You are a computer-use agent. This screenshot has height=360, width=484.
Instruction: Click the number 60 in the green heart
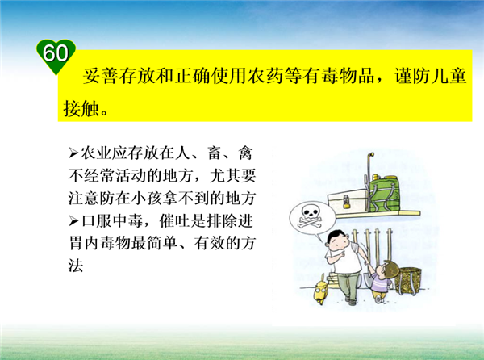55,52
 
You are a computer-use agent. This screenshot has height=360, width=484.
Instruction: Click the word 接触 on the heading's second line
81,108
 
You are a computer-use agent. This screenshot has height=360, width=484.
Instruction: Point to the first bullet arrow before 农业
73,153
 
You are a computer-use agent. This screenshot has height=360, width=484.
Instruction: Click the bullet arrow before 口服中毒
73,221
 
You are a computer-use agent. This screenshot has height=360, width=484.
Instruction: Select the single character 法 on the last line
76,266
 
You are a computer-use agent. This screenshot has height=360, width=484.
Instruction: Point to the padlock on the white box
347,203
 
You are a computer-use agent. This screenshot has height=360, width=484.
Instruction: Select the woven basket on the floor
408,280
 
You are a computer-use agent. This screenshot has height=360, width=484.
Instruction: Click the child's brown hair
390,268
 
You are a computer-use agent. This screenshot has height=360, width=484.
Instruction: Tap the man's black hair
336,237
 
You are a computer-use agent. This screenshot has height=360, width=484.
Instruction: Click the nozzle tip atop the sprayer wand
372,154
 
